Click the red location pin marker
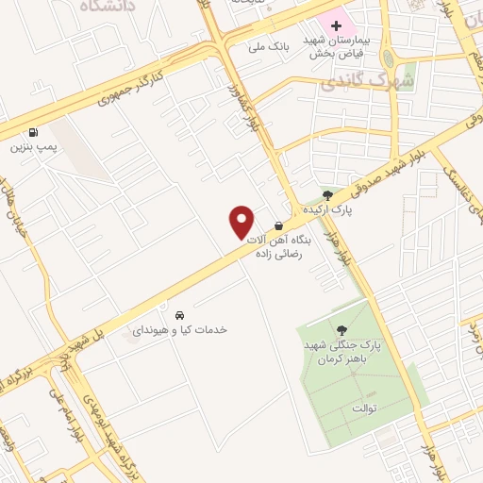(242, 223)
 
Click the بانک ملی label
(266, 45)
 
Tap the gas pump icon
(35, 133)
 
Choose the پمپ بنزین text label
(34, 148)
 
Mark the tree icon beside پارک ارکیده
(326, 194)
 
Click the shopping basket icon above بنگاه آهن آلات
(279, 225)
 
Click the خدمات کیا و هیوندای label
(179, 330)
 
